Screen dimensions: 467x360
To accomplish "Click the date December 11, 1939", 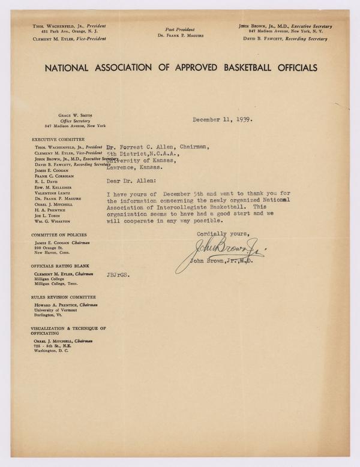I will coord(223,119).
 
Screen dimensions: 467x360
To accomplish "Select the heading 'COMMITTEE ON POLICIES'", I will coord(58,234).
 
